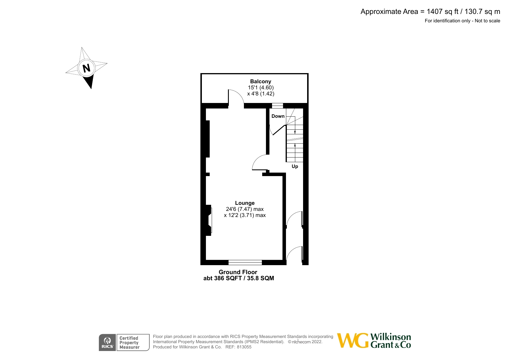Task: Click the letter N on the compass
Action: tap(86, 68)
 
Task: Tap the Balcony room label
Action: tap(260, 82)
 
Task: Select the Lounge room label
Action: tap(245, 203)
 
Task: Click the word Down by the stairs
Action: tap(278, 116)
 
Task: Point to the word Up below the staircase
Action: tap(295, 167)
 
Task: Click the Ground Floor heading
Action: tap(238, 272)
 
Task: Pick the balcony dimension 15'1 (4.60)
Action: tap(260, 88)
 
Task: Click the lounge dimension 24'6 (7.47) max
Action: tap(245, 209)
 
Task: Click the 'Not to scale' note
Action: tap(487, 21)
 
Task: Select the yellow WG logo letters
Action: tap(353, 340)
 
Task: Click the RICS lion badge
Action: tap(107, 343)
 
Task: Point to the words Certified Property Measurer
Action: tap(129, 343)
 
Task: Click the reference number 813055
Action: tap(244, 347)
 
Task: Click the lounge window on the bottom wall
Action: tap(245, 263)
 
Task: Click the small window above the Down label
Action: tap(278, 106)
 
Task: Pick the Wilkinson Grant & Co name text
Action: tap(391, 341)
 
